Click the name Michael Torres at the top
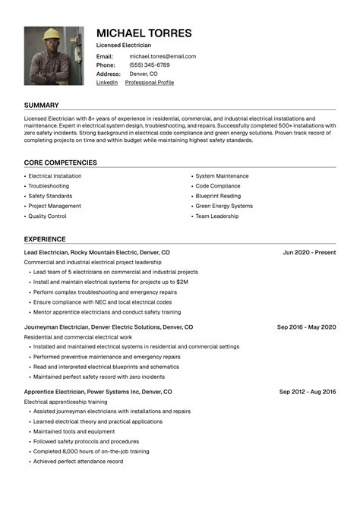pos(144,33)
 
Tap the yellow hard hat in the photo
pos(51,34)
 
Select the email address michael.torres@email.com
pos(162,56)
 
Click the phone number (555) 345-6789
pos(150,65)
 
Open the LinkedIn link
pos(107,83)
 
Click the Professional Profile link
pos(149,83)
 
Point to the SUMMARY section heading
pos(41,105)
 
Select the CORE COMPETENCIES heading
pos(60,162)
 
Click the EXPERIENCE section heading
pos(45,239)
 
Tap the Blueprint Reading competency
pos(218,196)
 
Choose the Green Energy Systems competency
pos(224,206)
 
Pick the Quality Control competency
pos(47,216)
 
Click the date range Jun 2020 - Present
pos(309,252)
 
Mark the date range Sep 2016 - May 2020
pos(306,327)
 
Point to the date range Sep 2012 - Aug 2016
pos(307,392)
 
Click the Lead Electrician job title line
pos(96,252)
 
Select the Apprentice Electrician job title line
pos(98,392)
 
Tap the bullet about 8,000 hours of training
pos(90,451)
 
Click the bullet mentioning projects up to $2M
pos(110,282)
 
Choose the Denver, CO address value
pos(144,74)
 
